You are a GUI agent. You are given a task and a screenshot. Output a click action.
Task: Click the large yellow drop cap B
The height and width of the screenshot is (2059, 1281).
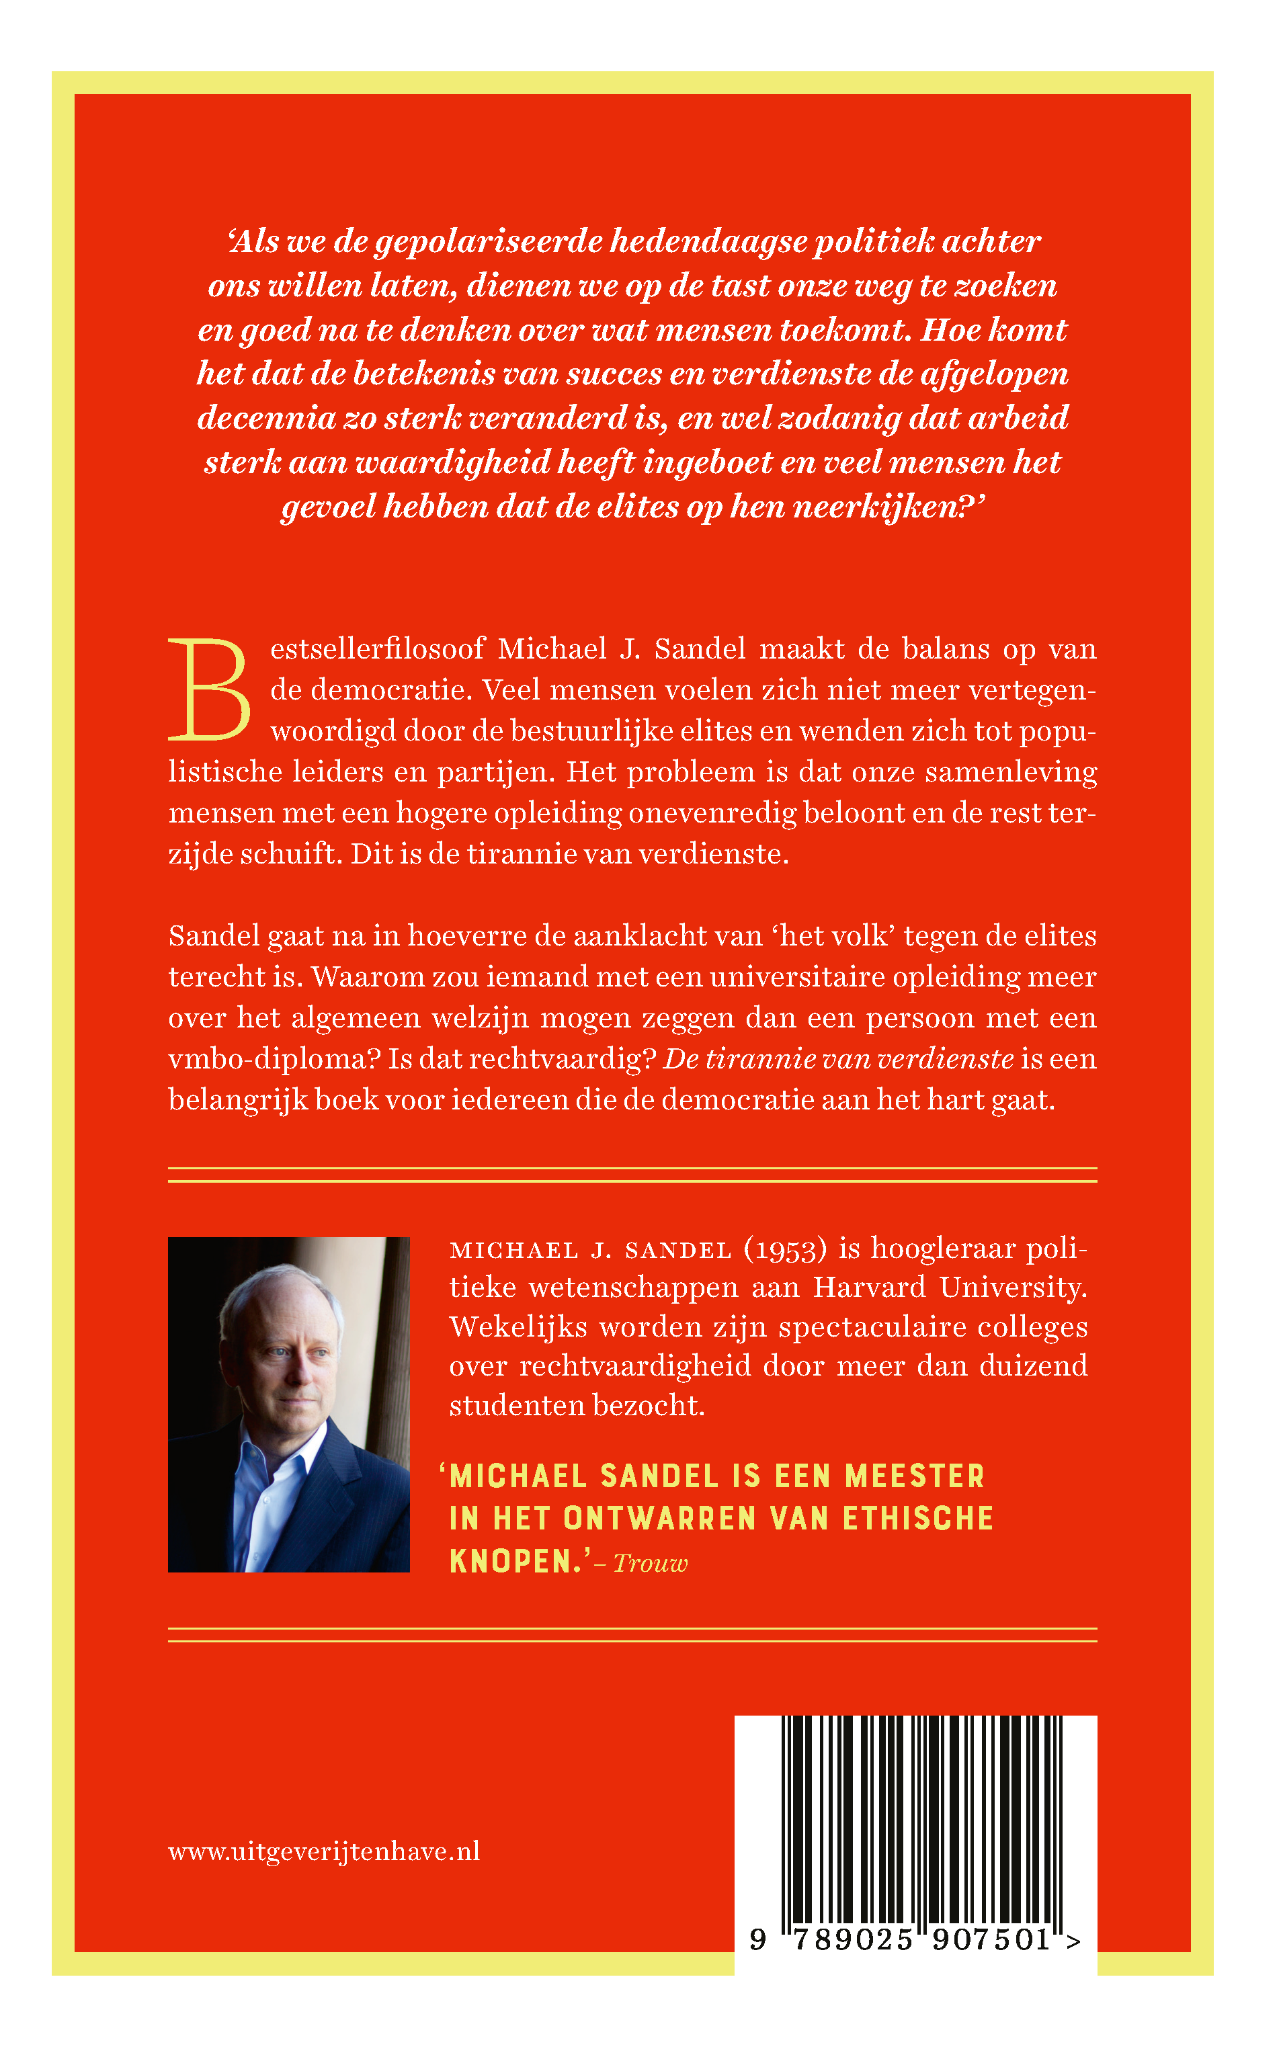[209, 689]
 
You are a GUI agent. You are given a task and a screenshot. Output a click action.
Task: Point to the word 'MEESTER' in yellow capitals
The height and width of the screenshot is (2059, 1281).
[915, 1476]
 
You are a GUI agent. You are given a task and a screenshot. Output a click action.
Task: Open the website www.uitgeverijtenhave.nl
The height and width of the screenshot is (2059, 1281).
[325, 1851]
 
